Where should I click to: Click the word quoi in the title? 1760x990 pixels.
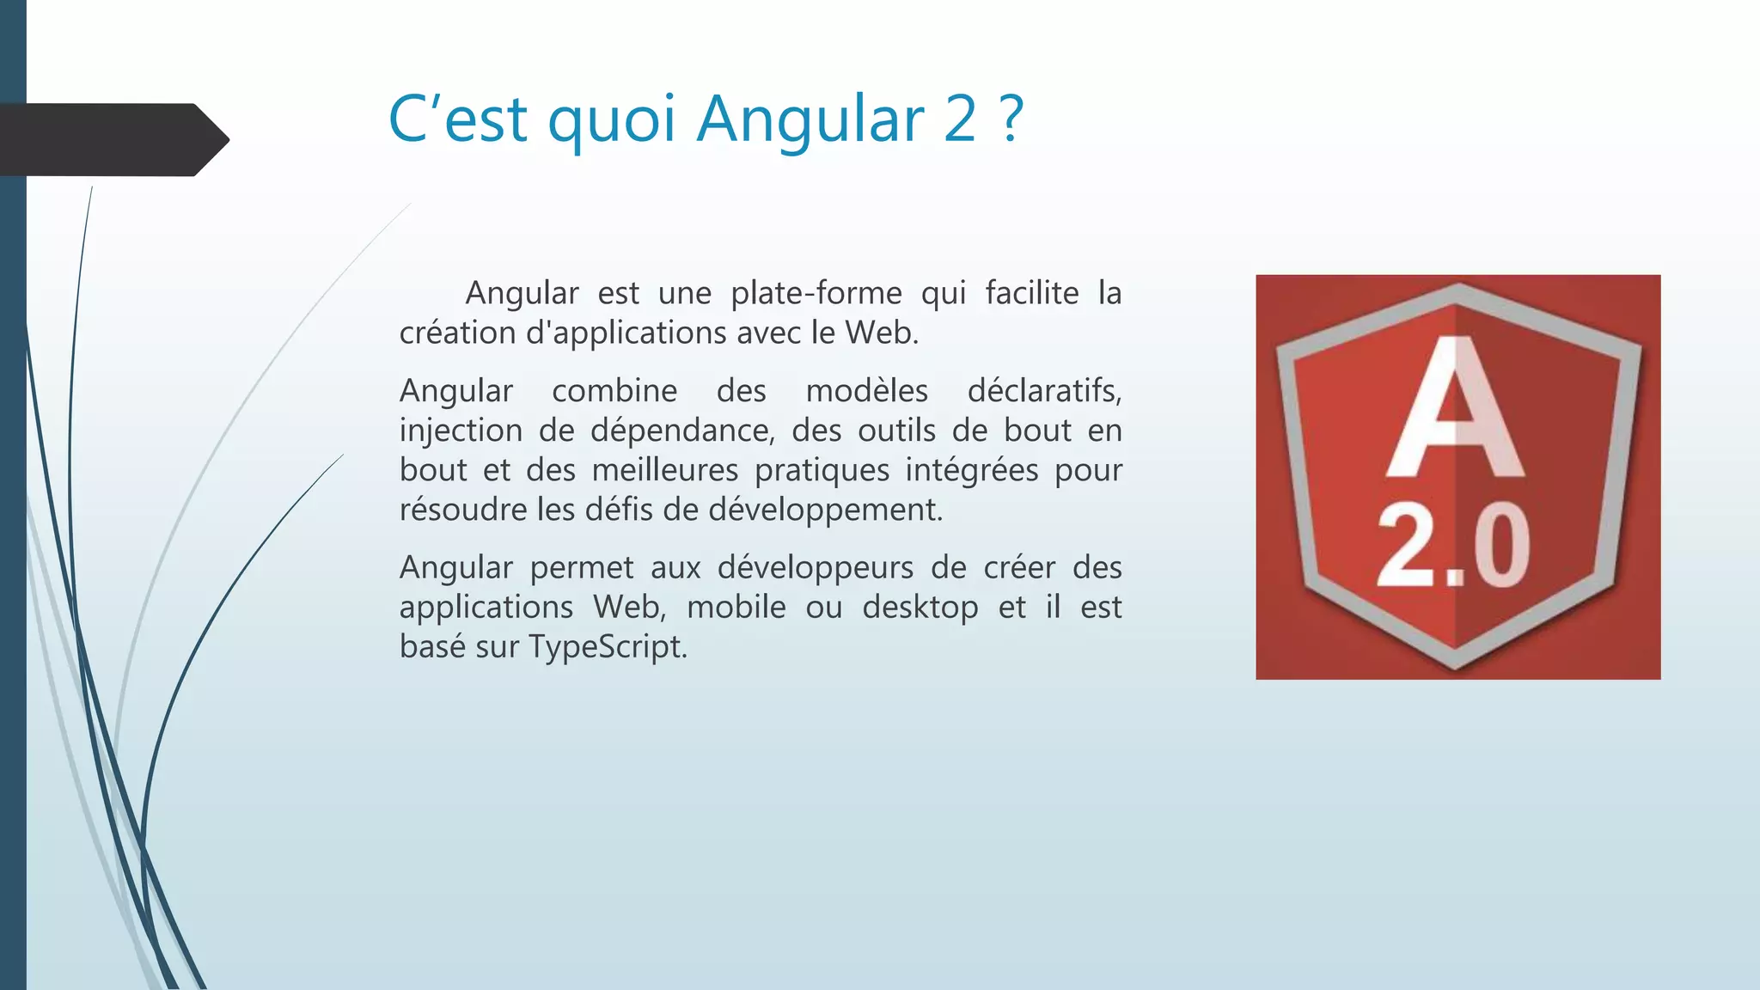click(x=611, y=119)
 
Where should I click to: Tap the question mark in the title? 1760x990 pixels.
click(x=1012, y=119)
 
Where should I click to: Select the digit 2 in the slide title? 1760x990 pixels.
click(x=960, y=119)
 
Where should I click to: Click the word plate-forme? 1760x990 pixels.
click(x=816, y=294)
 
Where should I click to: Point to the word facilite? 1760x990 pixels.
click(x=1031, y=294)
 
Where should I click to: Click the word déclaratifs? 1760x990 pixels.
click(x=1044, y=391)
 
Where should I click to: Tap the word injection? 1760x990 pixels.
click(x=461, y=431)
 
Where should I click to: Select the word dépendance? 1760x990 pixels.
click(x=682, y=431)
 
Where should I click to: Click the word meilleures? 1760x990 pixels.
click(x=664, y=470)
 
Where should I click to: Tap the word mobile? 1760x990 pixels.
click(x=736, y=608)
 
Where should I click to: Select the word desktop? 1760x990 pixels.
click(x=920, y=608)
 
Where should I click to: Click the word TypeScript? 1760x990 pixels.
click(x=608, y=647)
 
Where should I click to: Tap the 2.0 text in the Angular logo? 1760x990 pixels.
click(x=1454, y=546)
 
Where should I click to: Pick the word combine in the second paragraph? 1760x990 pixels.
click(x=614, y=391)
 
